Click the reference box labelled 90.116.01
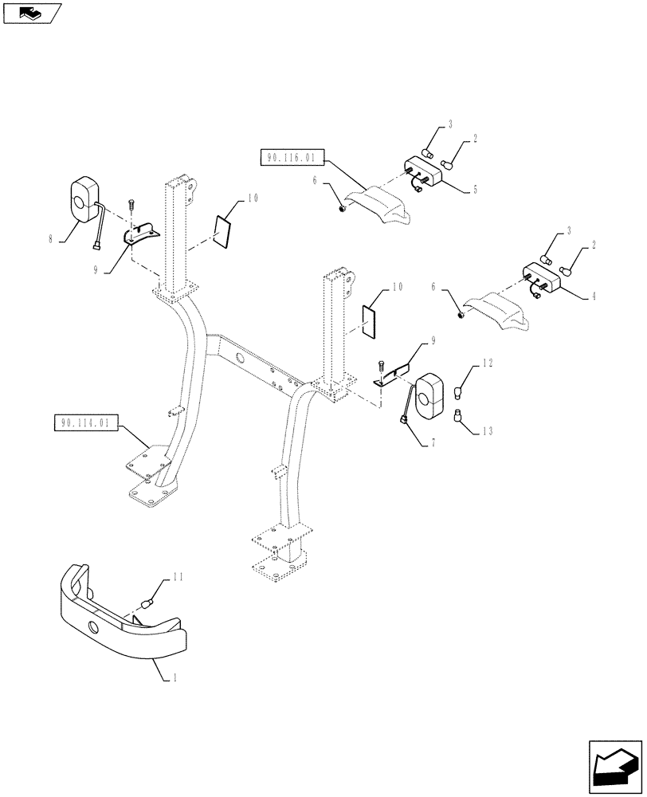tap(291, 158)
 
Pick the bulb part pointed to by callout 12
tap(459, 392)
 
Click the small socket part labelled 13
tap(459, 414)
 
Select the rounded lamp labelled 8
tap(82, 196)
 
